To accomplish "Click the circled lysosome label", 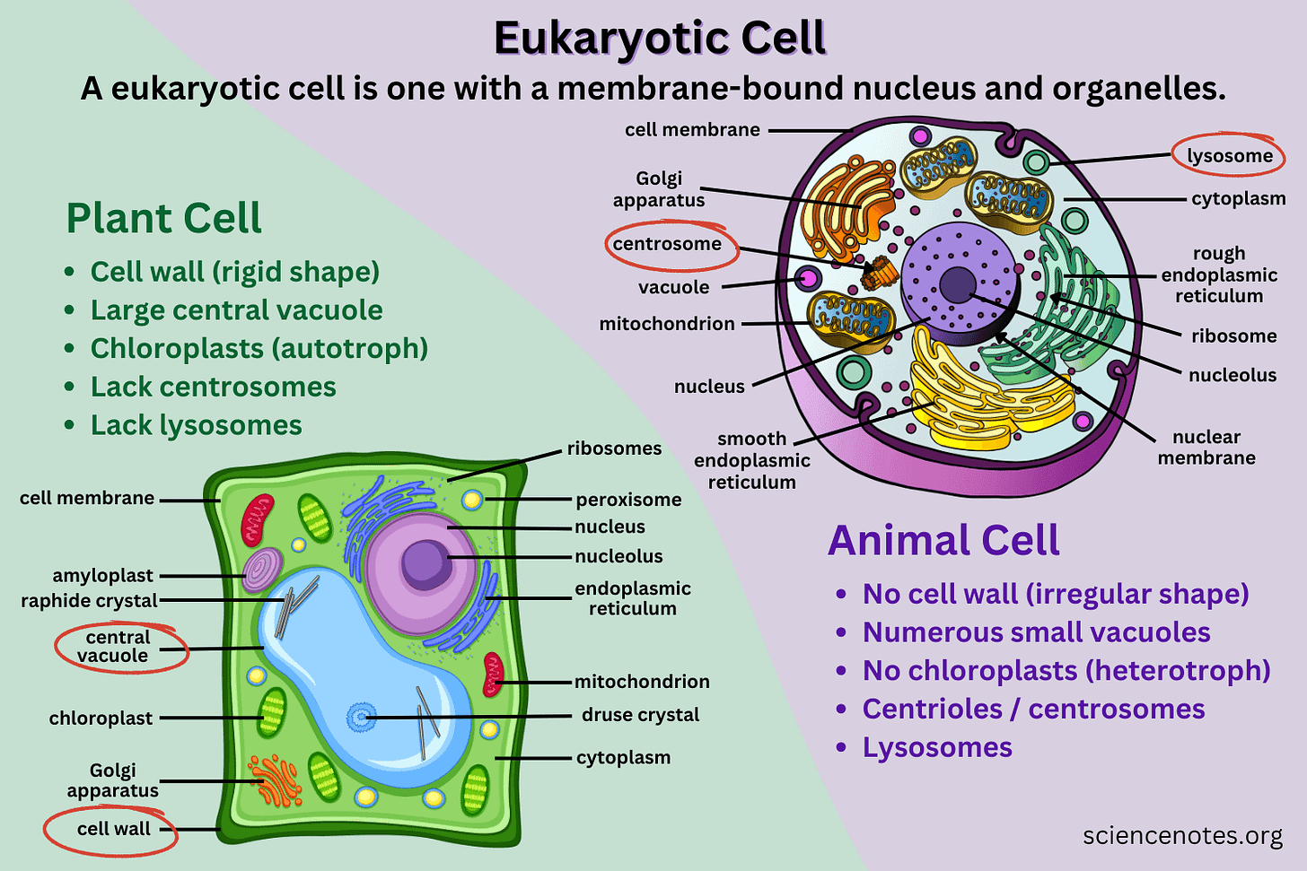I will (x=1229, y=156).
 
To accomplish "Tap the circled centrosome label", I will (x=667, y=244).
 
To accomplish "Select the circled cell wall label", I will (x=113, y=829).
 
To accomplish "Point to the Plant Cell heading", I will (x=163, y=218).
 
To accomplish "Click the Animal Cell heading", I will (x=943, y=540).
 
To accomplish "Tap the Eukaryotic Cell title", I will (x=660, y=39).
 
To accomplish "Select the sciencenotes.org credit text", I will (x=1182, y=836).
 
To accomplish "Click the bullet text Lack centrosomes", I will (x=213, y=387).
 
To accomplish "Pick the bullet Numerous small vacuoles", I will (x=1036, y=632).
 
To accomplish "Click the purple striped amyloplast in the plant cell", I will (x=261, y=571).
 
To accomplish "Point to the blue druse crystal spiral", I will (x=361, y=718).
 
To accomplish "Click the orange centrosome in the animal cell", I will (x=879, y=272).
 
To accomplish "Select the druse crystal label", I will (x=640, y=715).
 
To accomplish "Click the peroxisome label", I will (x=628, y=500).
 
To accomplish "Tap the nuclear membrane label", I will (x=1206, y=448).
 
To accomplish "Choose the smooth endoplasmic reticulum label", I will (x=751, y=460).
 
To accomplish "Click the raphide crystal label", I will (x=89, y=601).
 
